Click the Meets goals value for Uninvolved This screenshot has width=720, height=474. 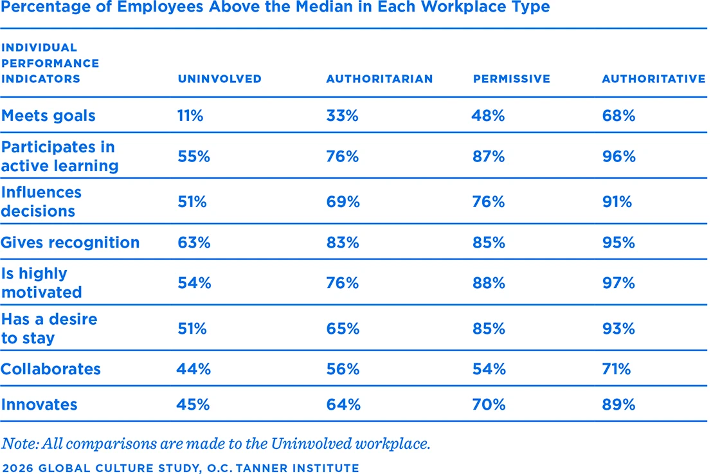pyautogui.click(x=190, y=116)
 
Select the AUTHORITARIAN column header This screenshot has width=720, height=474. pyautogui.click(x=379, y=79)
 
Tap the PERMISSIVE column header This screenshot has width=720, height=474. pyautogui.click(x=512, y=79)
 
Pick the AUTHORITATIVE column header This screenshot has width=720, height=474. pyautogui.click(x=653, y=79)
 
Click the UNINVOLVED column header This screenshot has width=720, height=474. pyautogui.click(x=219, y=79)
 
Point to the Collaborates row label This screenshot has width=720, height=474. pyautogui.click(x=51, y=369)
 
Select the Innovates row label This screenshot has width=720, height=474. pyautogui.click(x=39, y=405)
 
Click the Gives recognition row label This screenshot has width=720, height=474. pyautogui.click(x=70, y=242)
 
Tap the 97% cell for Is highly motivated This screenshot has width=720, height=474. pyautogui.click(x=618, y=283)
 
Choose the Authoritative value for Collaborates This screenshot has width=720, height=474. pyautogui.click(x=616, y=369)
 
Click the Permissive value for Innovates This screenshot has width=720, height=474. pyautogui.click(x=489, y=405)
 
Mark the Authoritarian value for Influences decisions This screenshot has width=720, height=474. pyautogui.click(x=343, y=202)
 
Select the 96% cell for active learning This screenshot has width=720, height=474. pyautogui.click(x=618, y=156)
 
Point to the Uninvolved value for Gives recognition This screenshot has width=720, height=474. pyautogui.click(x=194, y=242)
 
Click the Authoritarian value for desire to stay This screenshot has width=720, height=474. pyautogui.click(x=343, y=329)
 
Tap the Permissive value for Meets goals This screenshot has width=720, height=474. pyautogui.click(x=489, y=116)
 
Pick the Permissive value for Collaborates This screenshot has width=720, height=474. pyautogui.click(x=489, y=369)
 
